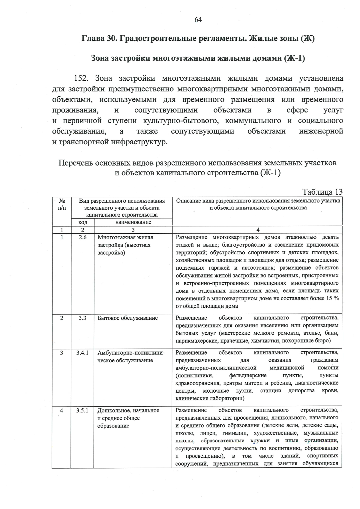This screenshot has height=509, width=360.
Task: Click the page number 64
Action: pos(198,20)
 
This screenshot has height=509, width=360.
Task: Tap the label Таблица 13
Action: pos(322,192)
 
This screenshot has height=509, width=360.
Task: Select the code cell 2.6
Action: pos(82,237)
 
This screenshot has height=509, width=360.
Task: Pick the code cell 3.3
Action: pos(82,318)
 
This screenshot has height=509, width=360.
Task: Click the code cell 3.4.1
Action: pos(82,353)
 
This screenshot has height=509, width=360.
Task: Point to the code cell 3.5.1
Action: pos(82,410)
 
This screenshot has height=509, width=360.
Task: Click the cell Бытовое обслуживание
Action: pos(127,318)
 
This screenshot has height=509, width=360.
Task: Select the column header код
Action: pos(82,222)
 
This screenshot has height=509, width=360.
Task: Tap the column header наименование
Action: pos(133,222)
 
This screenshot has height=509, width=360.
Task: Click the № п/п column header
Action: pos(62,204)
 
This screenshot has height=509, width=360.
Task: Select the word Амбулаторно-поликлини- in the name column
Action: pos(131,353)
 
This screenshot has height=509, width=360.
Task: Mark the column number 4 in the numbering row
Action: pos(258,230)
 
